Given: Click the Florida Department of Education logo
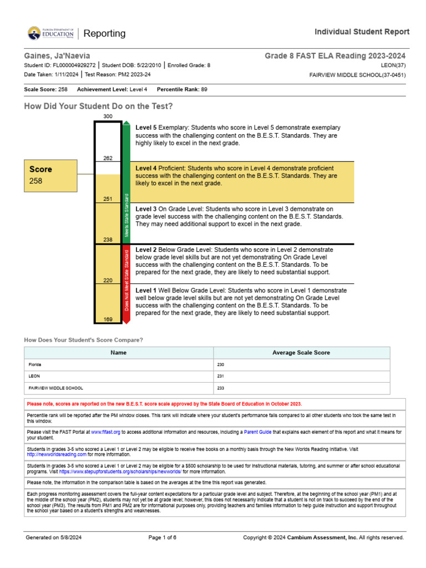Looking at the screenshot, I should pos(50,34).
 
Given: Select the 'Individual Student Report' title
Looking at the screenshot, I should pos(362,32).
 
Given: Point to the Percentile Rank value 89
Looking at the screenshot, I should pos(204,89).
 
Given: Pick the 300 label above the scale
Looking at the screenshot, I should pos(108,116).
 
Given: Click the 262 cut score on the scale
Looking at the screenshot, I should pos(108,159).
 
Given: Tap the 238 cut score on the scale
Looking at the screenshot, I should pos(108,240).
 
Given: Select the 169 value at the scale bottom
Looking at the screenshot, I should pos(108,319).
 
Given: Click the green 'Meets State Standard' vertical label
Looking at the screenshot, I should pos(126,215).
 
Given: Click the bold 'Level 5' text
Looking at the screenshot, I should pos(146,128).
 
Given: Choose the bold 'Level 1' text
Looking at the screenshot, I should pos(146,290).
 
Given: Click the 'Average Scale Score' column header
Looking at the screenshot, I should pos(301,353).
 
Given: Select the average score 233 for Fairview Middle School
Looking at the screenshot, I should pos(220,388).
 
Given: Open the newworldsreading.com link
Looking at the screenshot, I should pos(57,454).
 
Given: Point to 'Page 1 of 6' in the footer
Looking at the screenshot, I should pos(163,537).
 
